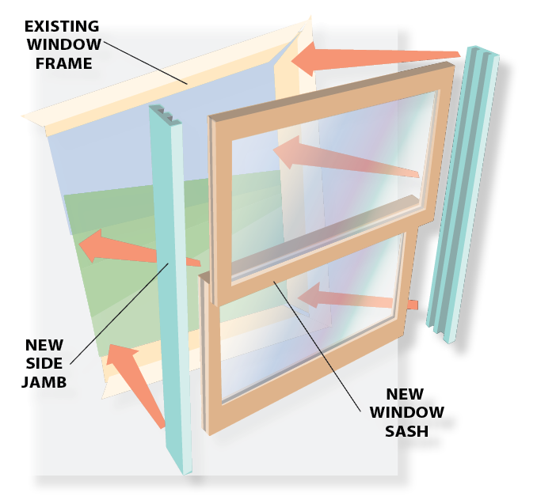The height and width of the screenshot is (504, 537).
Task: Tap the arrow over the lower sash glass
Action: click(348, 299)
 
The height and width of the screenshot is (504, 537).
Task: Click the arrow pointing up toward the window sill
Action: click(139, 380)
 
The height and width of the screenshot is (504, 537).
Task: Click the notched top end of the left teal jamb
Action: click(166, 114)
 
